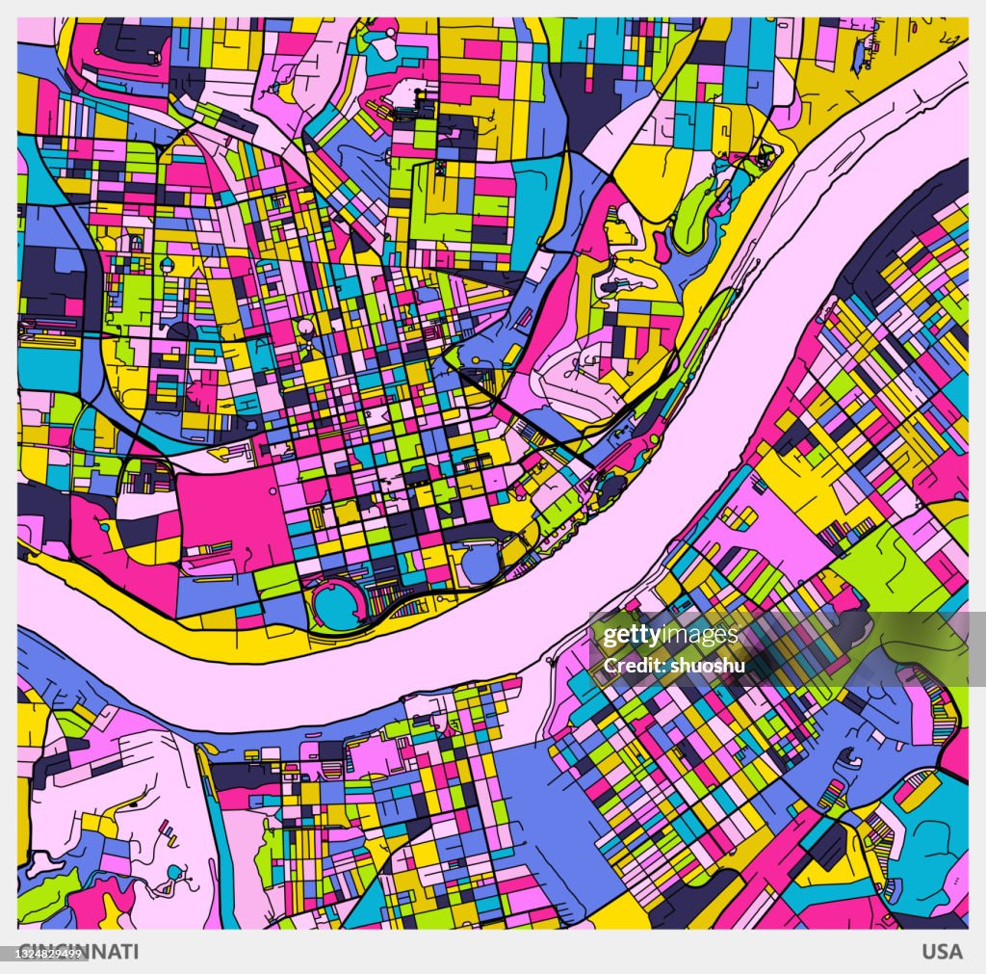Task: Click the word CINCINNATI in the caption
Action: (x=79, y=952)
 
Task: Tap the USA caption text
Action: (x=942, y=952)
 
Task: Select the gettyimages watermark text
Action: (x=670, y=636)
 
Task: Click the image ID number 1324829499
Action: (x=50, y=953)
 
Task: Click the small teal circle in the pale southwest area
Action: (x=173, y=872)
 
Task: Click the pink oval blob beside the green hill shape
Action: (x=663, y=246)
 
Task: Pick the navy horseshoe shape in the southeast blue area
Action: (x=850, y=761)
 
